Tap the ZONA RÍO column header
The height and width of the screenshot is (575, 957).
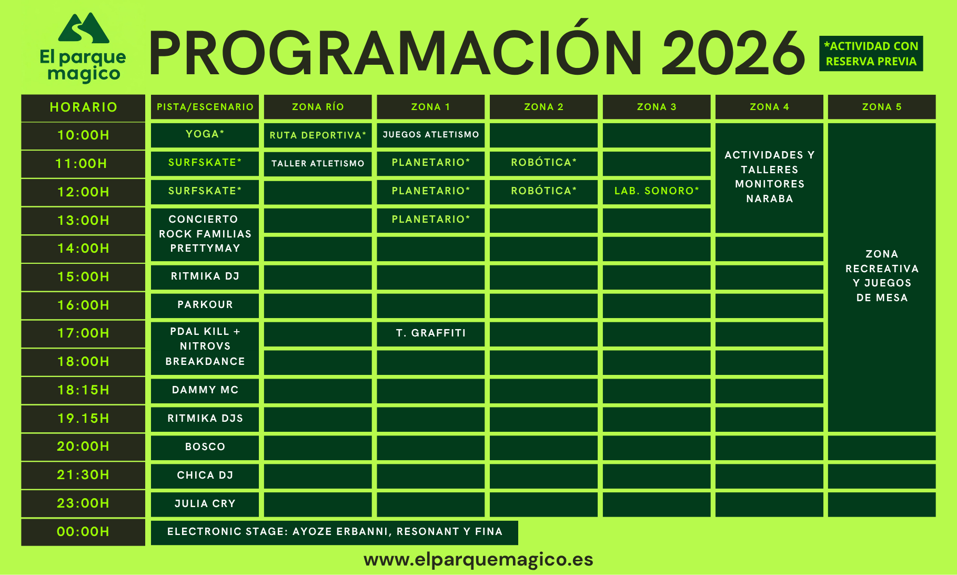coord(318,107)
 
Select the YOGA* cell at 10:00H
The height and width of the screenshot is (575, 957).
coord(205,135)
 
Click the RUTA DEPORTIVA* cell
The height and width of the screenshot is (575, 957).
coord(318,135)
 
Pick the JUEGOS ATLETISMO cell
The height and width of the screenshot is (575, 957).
coord(431,135)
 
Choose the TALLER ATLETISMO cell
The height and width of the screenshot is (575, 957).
coord(318,163)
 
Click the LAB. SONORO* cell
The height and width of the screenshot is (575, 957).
coord(657,191)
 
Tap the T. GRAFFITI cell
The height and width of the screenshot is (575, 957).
coord(431,333)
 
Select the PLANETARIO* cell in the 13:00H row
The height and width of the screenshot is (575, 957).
coord(431,220)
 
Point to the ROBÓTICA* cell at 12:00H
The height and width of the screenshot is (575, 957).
coord(543,191)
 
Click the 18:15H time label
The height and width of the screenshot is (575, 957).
coord(83,390)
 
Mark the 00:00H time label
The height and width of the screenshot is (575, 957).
coord(83,532)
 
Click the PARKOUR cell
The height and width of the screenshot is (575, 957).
coord(205,305)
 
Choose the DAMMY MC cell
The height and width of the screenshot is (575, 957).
coord(205,390)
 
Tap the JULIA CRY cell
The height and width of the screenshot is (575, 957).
coord(205,504)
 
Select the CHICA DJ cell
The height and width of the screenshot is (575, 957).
coord(205,475)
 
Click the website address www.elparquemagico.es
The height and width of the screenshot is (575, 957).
coord(478,560)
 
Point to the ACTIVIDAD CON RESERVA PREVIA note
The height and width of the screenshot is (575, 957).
coord(871,54)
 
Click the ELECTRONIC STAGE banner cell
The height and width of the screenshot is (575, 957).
coord(335,532)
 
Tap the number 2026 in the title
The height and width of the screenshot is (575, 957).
coord(733,53)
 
